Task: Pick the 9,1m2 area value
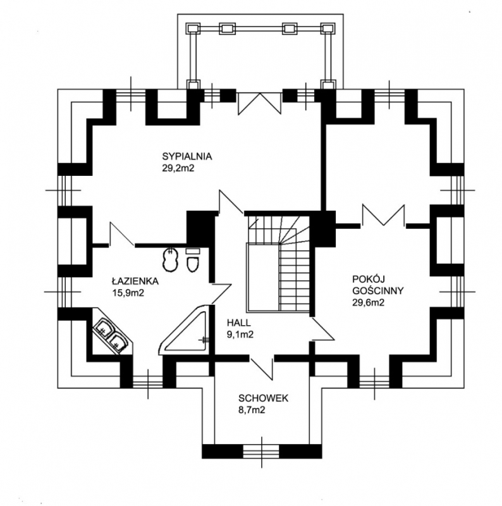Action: [x=240, y=335]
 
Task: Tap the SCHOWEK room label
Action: [x=263, y=398]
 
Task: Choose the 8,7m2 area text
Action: [x=252, y=410]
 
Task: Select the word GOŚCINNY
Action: [x=379, y=290]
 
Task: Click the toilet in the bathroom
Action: [x=194, y=262]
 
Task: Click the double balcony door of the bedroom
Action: [x=260, y=101]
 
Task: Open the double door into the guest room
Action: [x=384, y=216]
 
